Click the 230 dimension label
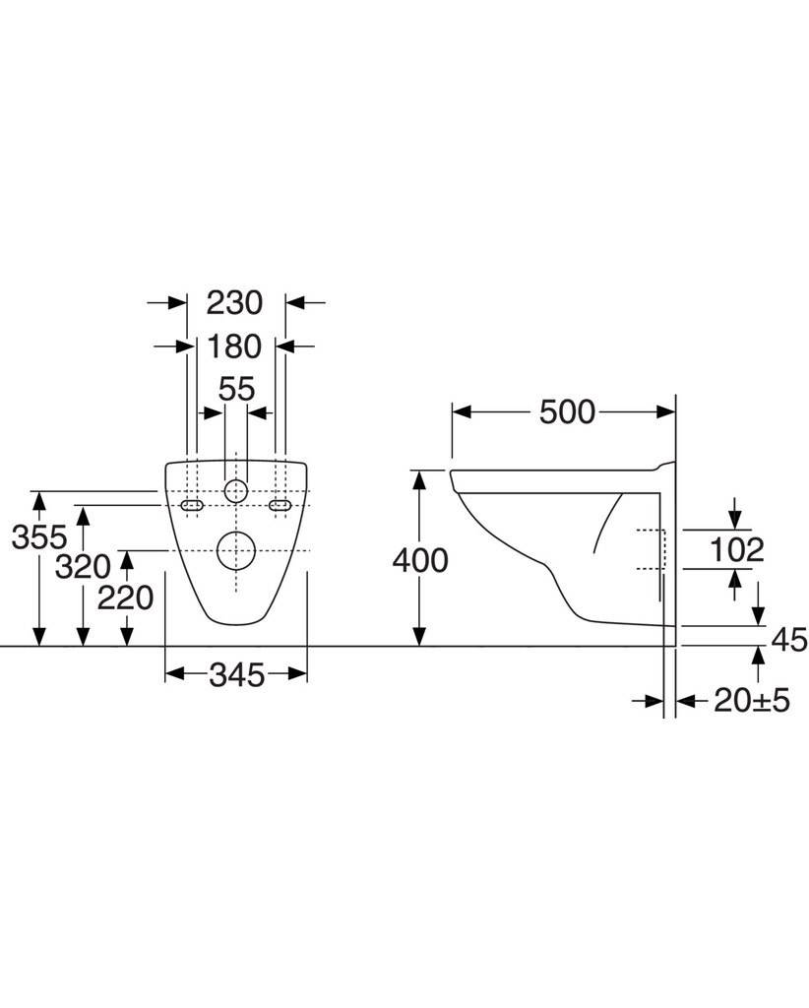pos(234,302)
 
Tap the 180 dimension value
pos(234,346)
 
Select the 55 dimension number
pos(236,389)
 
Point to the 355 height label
pos(39,536)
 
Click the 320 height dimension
pos(83,566)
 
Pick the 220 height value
pos(125,598)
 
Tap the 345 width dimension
pos(236,674)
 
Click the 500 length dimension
pos(568,412)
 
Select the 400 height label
pos(420,560)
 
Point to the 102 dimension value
pos(736,549)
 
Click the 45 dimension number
pos(789,639)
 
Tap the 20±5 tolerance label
pos(752,701)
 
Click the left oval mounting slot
pos(192,506)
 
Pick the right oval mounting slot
pos(280,506)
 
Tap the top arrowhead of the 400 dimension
pos(419,479)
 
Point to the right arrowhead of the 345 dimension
pos(297,673)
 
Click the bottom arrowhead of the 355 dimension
pos(39,637)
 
